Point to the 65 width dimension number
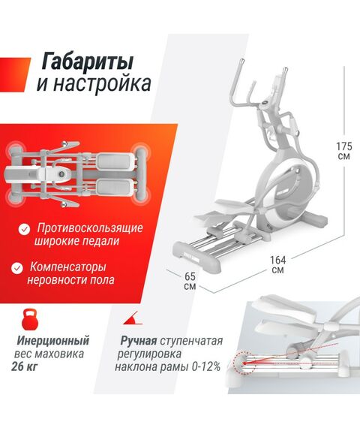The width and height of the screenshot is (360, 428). [x=189, y=276]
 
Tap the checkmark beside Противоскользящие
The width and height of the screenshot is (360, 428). [x=25, y=227]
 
